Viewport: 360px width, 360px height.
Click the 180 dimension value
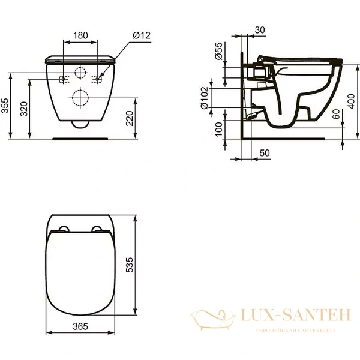[x=80, y=36]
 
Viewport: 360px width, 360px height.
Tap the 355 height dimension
[x=6, y=106]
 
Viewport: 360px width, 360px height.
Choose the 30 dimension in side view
[x=260, y=30]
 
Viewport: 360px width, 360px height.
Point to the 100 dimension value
[x=220, y=128]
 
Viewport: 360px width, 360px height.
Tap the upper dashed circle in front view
[x=80, y=74]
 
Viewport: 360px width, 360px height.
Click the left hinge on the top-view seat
[x=63, y=229]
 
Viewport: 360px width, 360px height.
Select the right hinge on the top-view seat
[x=97, y=229]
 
